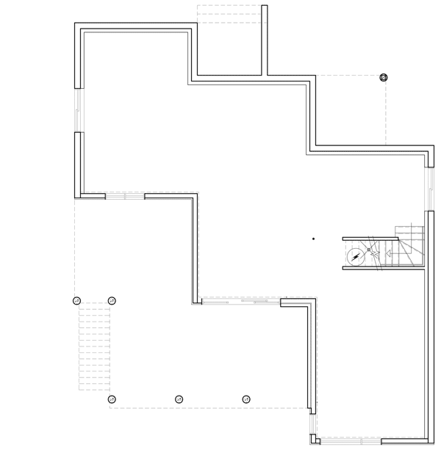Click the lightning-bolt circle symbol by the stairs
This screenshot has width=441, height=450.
tap(356, 256)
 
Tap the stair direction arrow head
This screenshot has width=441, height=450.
tap(375, 254)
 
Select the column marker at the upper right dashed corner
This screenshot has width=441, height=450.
tap(383, 77)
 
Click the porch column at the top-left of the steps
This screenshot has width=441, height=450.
tap(76, 300)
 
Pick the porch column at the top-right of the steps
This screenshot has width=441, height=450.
tap(112, 300)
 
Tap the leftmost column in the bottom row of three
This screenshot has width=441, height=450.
tap(112, 399)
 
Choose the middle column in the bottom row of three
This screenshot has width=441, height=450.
tap(179, 399)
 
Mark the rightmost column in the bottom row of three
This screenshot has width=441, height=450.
tap(246, 399)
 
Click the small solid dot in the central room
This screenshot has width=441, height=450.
tap(313, 239)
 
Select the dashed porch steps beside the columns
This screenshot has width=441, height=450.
tap(94, 349)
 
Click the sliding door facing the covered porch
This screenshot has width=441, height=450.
tap(241, 301)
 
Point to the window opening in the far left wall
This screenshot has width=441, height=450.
tap(78, 111)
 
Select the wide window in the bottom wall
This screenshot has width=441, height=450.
tap(350, 440)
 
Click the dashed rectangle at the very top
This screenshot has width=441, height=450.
tap(229, 14)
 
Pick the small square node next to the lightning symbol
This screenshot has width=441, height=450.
tap(369, 250)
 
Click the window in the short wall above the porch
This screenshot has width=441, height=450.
tap(125, 196)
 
